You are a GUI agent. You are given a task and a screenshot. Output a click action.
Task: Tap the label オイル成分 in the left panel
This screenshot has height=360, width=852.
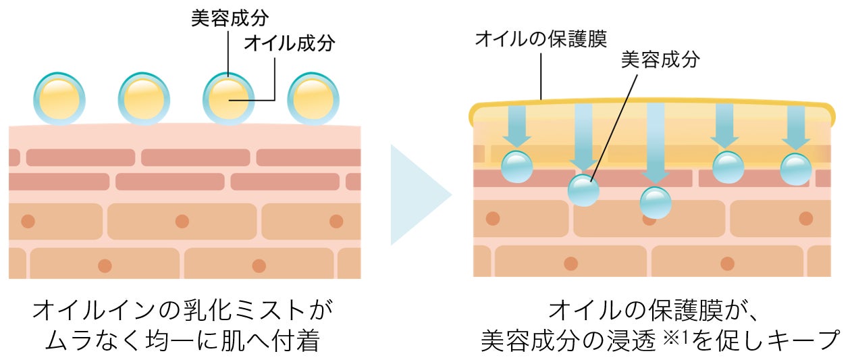[289, 43]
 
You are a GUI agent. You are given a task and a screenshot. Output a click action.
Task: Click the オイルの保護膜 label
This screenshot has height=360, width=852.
[541, 38]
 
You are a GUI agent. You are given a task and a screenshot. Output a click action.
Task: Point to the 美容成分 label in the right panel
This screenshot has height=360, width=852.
[660, 60]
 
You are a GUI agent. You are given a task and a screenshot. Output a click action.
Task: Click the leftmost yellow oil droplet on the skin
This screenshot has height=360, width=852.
[59, 99]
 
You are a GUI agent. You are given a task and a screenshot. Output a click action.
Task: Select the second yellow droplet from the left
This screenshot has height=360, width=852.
[144, 99]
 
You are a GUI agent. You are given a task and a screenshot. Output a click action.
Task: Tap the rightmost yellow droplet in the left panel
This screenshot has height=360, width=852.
[313, 99]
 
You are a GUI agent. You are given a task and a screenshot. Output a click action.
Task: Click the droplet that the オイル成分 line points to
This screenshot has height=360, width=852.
[229, 99]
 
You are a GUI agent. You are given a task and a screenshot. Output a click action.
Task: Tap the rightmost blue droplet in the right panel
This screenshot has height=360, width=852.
[797, 169]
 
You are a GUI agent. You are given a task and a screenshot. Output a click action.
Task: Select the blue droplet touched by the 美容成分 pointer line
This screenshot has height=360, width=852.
[584, 190]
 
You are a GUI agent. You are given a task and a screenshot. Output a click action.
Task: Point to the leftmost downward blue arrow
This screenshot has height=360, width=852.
[517, 126]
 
